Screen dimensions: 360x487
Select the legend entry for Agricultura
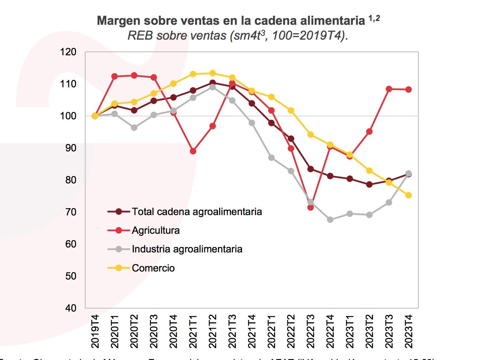155,230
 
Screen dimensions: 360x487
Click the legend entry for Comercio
153,268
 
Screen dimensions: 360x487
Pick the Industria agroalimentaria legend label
187,249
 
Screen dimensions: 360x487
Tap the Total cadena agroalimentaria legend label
197,212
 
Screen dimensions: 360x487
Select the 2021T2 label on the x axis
212,331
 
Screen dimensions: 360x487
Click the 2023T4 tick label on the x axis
408,331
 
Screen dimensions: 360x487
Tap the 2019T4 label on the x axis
95,331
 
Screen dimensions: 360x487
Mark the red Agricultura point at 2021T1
193,151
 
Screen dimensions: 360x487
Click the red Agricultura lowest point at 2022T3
311,207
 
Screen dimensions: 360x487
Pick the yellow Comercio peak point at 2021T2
213,73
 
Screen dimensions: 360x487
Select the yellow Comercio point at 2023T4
408,195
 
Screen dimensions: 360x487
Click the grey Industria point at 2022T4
330,220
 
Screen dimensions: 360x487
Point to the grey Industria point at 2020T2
134,128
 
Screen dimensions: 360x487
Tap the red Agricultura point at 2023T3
389,89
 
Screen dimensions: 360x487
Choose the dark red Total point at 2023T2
369,185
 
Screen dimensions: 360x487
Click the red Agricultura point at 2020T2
134,76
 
